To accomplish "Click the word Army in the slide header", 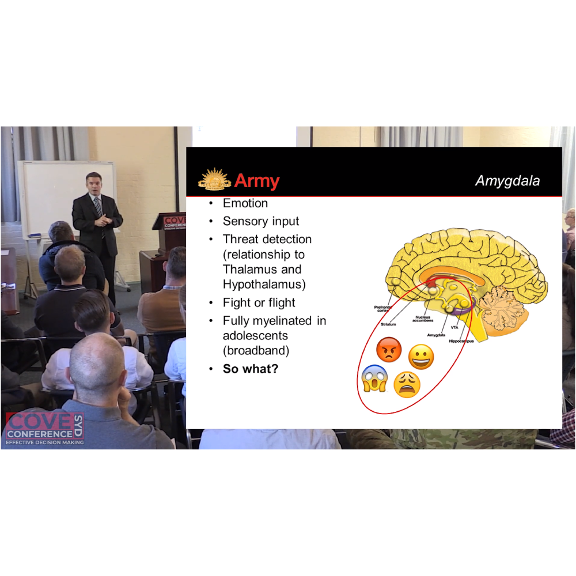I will [x=256, y=181].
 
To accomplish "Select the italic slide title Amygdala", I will [x=507, y=181].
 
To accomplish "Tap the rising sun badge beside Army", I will [x=214, y=179].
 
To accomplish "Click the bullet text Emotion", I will [x=245, y=203].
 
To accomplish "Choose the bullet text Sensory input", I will [x=261, y=221].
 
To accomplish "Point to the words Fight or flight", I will [x=259, y=302].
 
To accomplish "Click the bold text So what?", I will [x=251, y=369].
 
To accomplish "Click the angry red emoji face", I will [x=389, y=350].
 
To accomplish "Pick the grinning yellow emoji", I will [x=421, y=357].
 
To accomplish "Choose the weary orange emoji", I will [x=407, y=384].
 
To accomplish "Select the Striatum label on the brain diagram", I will [x=388, y=324].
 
